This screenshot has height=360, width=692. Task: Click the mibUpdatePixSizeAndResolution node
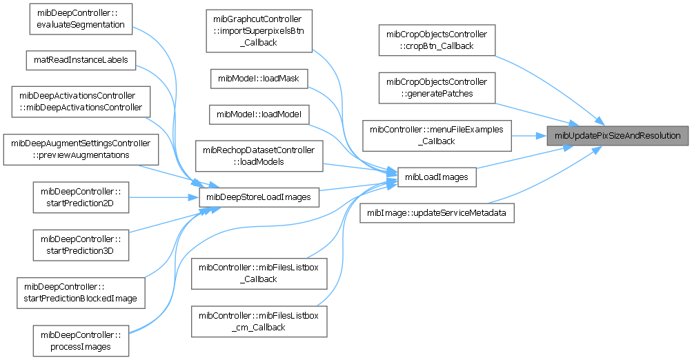(617, 135)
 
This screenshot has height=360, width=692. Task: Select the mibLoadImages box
(436, 177)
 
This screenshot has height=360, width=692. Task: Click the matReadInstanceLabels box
(81, 59)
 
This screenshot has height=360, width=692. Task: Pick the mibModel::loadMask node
(259, 78)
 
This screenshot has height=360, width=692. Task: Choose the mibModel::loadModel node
(259, 113)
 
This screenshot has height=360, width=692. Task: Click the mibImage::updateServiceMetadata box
(437, 213)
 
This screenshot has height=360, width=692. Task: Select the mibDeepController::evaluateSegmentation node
(80, 19)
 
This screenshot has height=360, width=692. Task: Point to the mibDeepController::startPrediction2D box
(81, 197)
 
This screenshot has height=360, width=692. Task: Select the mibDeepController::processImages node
(81, 340)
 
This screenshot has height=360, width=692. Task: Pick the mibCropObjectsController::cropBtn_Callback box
(436, 40)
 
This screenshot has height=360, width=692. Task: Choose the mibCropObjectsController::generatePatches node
(436, 88)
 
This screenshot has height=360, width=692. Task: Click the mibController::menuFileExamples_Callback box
(436, 135)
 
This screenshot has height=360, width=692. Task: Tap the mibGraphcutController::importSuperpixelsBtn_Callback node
(259, 30)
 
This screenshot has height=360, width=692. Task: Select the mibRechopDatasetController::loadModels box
(259, 156)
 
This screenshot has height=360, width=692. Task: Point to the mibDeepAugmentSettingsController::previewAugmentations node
(81, 149)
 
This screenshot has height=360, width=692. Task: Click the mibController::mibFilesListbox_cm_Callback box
(259, 321)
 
